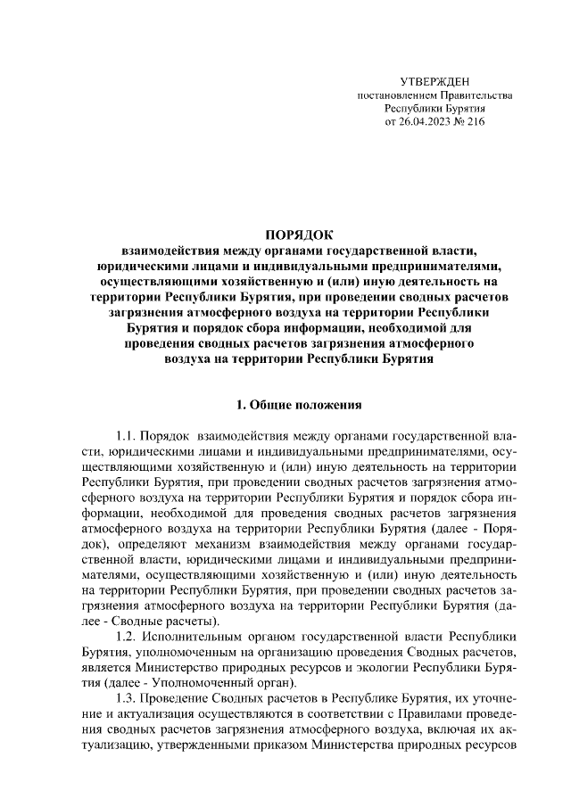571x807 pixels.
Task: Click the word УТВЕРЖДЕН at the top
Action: click(x=434, y=81)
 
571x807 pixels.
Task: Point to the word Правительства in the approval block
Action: click(x=475, y=95)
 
